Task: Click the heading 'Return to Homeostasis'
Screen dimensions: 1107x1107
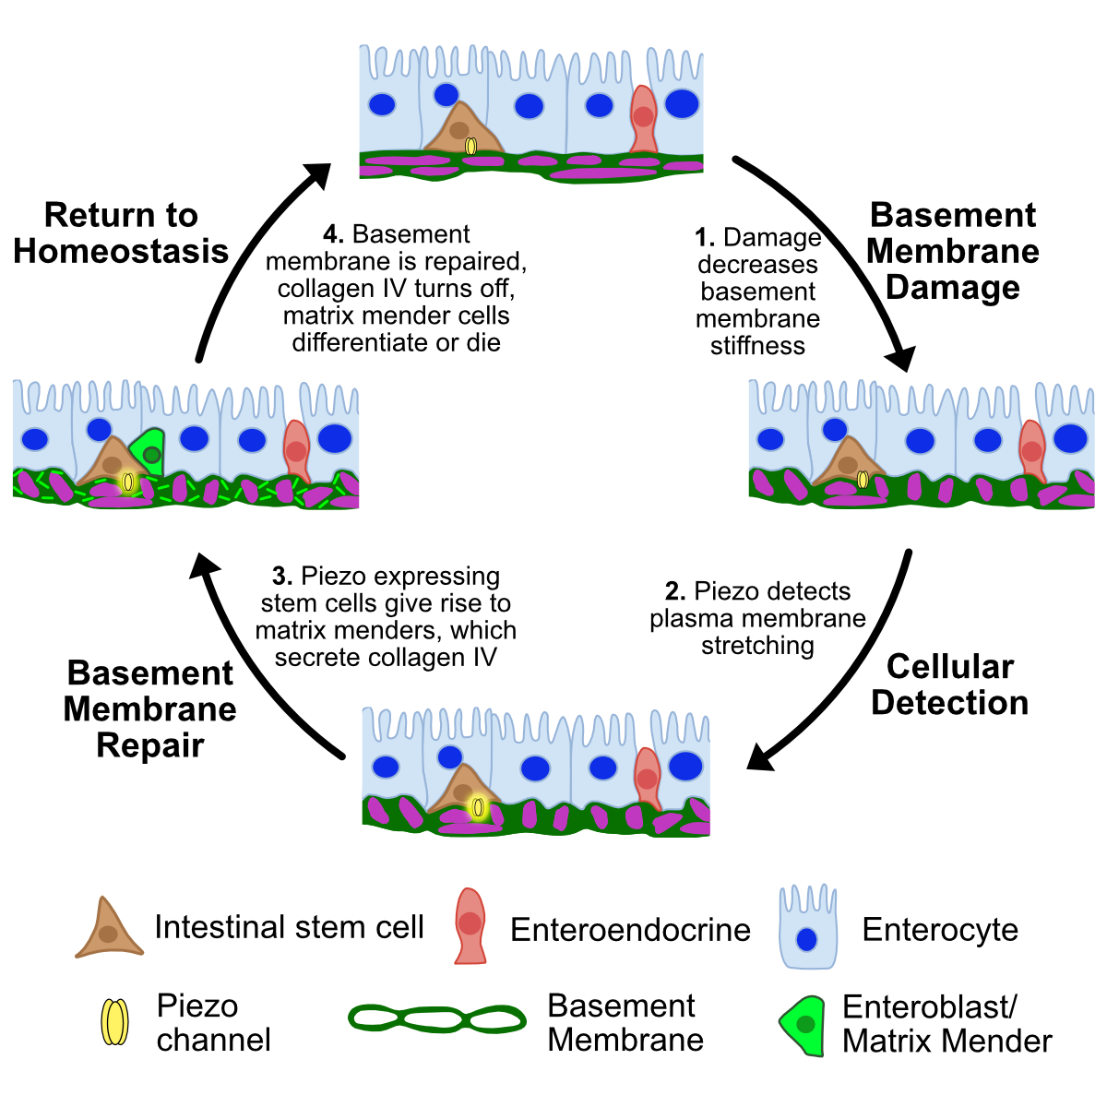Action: (121, 233)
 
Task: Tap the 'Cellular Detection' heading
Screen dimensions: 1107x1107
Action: (949, 684)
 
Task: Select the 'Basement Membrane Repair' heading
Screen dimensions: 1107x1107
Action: (150, 708)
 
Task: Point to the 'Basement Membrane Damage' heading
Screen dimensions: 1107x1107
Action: (953, 251)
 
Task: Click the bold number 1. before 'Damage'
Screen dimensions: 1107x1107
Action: (706, 238)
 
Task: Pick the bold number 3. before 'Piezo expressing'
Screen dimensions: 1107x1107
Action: (282, 577)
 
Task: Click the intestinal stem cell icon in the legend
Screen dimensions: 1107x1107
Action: (109, 929)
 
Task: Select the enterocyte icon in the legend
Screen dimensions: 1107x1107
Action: (807, 927)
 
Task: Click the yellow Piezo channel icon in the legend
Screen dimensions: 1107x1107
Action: (114, 1022)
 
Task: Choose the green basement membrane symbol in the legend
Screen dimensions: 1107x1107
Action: (436, 1018)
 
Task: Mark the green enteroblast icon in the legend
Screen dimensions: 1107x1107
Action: (802, 1024)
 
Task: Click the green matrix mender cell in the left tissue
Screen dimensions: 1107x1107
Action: (148, 450)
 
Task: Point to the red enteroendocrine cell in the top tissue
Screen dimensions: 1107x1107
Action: (643, 118)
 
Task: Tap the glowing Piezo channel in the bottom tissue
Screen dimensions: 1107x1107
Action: (478, 807)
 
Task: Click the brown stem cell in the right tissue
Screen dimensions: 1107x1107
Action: (845, 461)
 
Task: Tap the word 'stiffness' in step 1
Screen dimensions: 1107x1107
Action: (757, 346)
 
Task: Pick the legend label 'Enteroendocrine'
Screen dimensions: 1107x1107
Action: (630, 930)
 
